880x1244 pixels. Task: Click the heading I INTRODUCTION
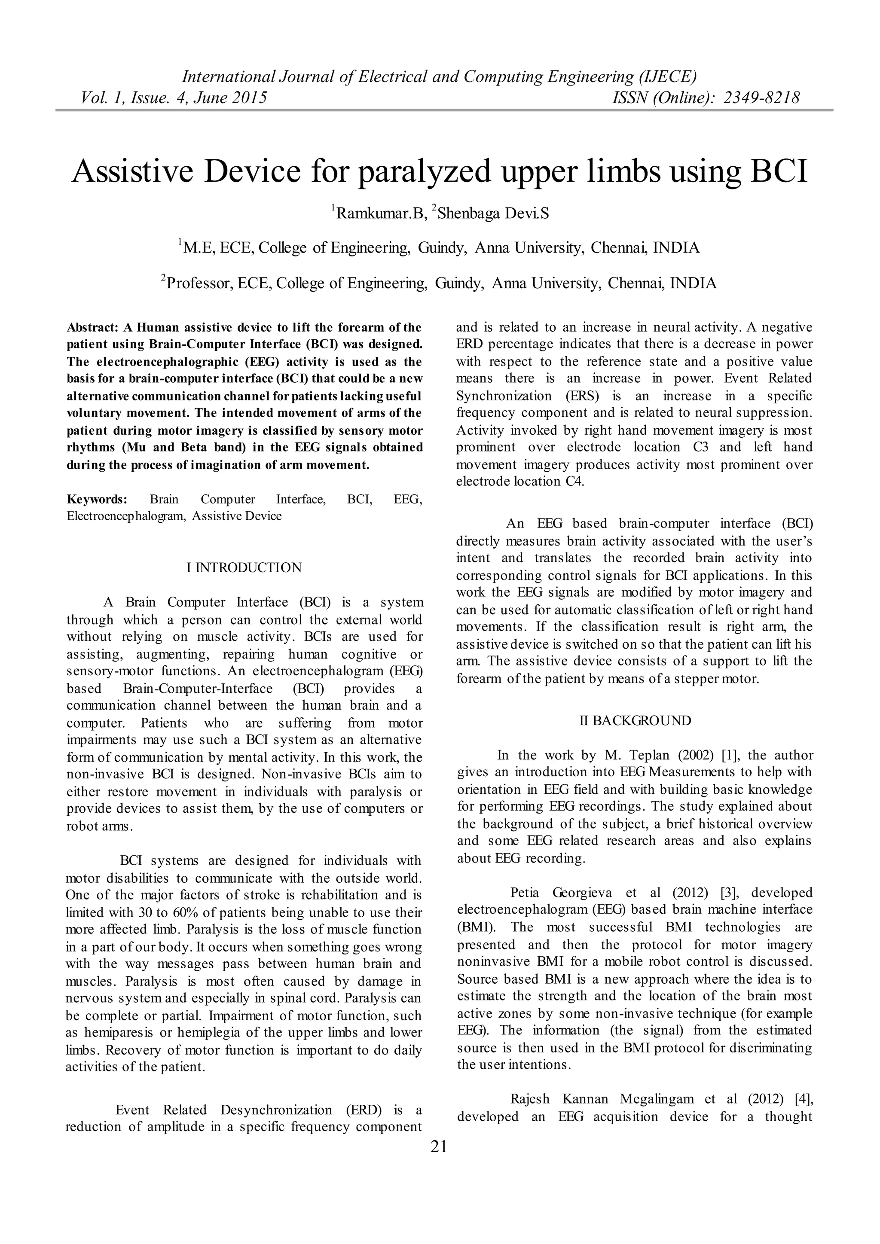pos(244,568)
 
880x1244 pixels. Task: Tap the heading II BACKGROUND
pos(635,721)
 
